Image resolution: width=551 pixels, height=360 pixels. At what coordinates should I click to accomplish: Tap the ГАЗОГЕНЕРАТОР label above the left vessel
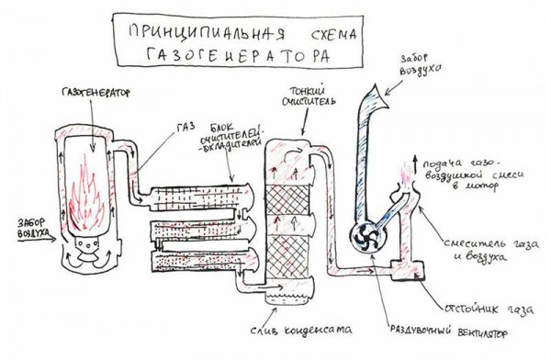pos(92,94)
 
